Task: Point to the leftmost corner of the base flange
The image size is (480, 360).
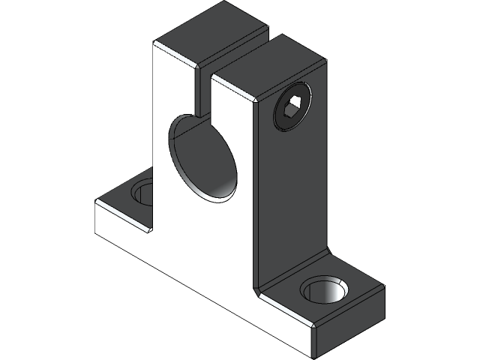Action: [94, 204]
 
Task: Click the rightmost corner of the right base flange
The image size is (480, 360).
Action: [384, 288]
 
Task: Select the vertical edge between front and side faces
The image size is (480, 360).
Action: [255, 195]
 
